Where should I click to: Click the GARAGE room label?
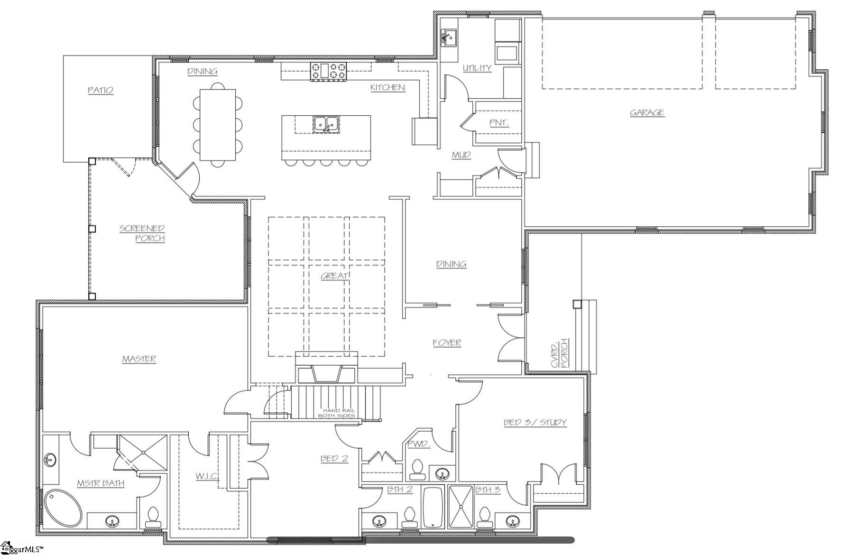(646, 112)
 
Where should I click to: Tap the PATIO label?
(101, 90)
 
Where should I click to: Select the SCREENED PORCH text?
(143, 233)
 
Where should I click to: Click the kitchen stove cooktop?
(328, 72)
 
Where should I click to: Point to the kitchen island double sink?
(325, 124)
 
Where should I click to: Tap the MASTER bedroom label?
(139, 359)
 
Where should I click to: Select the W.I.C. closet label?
(207, 475)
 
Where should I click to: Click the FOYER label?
(446, 342)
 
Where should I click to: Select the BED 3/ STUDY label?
(535, 422)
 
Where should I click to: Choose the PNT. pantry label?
(498, 122)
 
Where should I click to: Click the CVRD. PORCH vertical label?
(559, 353)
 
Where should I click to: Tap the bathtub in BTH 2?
(432, 508)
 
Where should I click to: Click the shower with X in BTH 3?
(461, 507)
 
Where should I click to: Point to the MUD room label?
(461, 155)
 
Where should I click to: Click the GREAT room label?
(334, 276)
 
